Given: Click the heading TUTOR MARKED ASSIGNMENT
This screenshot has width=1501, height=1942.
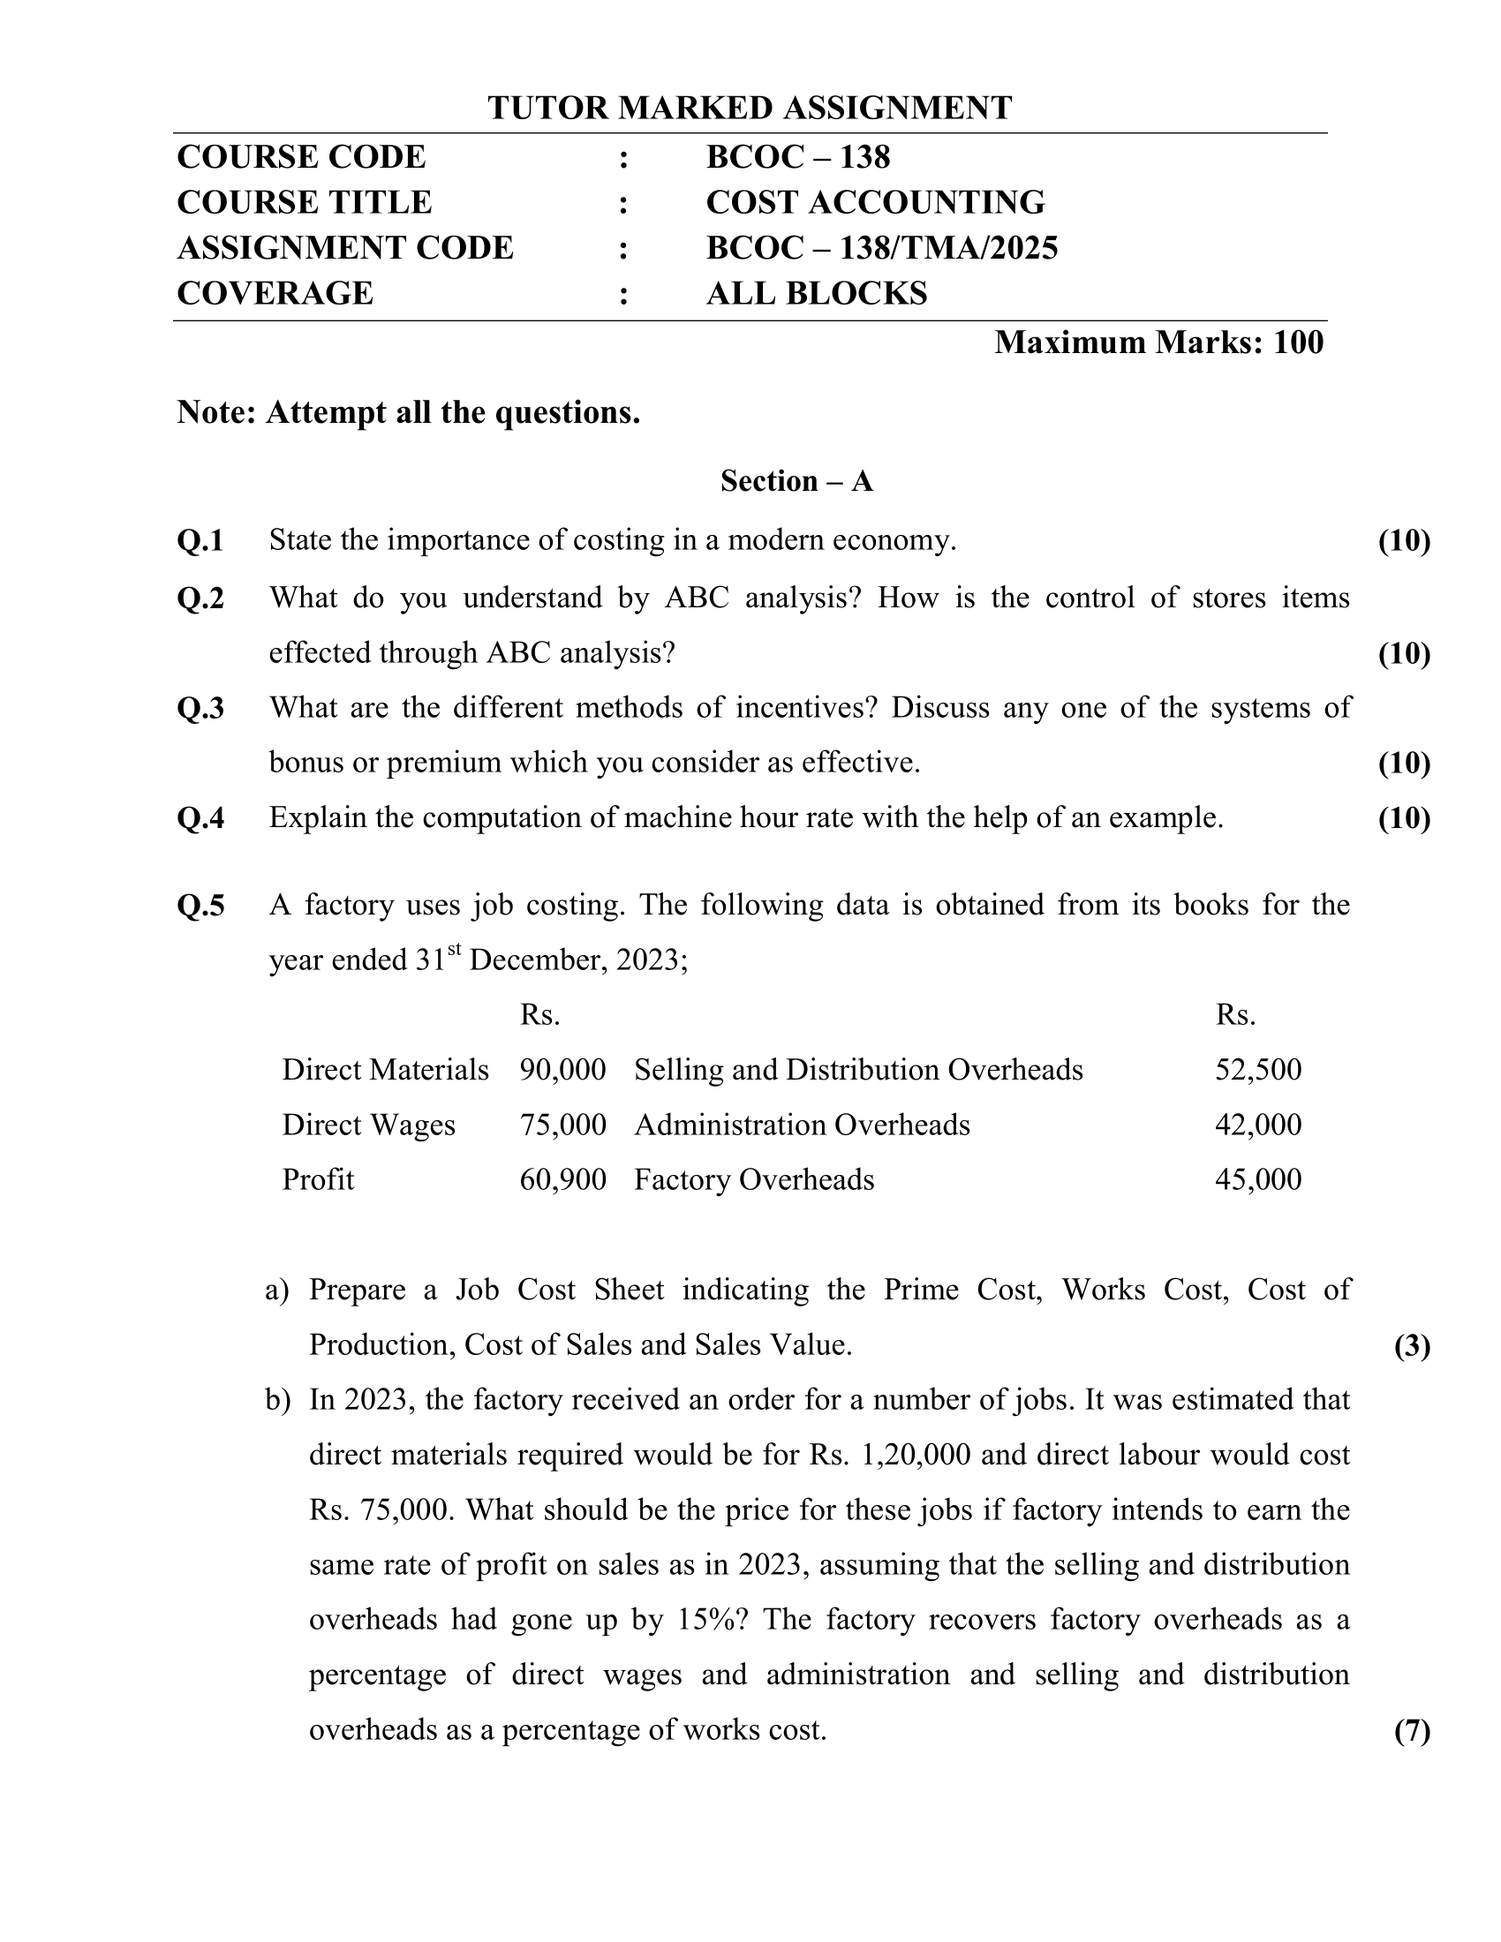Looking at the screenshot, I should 750,108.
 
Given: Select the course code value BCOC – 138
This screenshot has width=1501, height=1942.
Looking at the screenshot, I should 797,157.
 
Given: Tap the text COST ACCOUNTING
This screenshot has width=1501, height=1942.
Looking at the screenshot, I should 875,203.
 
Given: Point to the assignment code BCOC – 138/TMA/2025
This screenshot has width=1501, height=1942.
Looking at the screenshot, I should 881,248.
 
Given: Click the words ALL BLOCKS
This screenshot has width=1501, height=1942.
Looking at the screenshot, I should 817,293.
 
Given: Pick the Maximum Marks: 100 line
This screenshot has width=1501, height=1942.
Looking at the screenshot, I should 1158,342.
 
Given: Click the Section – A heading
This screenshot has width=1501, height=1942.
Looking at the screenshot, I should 796,481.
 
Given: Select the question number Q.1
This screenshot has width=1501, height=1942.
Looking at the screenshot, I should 201,540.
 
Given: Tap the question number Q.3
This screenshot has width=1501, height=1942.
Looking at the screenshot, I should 201,709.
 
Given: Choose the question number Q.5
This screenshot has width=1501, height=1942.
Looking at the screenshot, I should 201,906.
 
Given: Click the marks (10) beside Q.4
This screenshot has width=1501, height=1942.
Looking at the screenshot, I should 1404,818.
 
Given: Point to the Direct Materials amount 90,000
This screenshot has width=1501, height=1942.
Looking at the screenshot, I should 563,1070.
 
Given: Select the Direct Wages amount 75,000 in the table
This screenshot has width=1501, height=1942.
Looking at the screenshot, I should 563,1125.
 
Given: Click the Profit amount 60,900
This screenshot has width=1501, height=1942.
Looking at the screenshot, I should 563,1180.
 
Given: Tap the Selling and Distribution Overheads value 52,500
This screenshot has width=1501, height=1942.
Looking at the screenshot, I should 1258,1070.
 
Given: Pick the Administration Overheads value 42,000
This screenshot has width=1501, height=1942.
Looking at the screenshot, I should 1258,1125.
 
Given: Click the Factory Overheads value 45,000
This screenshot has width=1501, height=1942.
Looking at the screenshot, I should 1258,1180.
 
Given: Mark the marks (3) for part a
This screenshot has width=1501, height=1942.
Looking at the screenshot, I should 1412,1346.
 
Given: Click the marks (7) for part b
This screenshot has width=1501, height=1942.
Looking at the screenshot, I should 1412,1731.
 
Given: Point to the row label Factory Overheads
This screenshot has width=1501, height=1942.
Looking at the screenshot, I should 754,1180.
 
